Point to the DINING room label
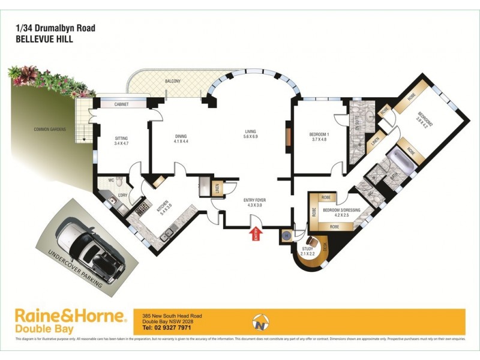click(x=181, y=137)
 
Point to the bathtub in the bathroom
click(x=398, y=161)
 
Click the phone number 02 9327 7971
click(x=167, y=328)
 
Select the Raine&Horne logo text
click(x=70, y=316)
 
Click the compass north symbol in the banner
click(x=260, y=322)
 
